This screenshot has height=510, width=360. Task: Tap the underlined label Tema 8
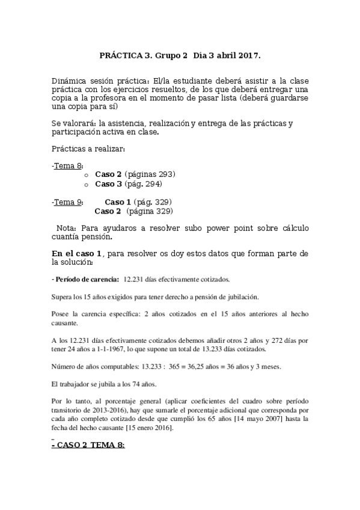[x=69, y=165]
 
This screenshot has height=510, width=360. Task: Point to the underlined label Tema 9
[x=69, y=202]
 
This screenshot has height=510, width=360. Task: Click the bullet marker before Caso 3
[x=87, y=184]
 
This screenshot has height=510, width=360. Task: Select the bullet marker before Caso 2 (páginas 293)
[x=87, y=175]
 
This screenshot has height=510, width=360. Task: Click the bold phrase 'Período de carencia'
[x=87, y=280]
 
